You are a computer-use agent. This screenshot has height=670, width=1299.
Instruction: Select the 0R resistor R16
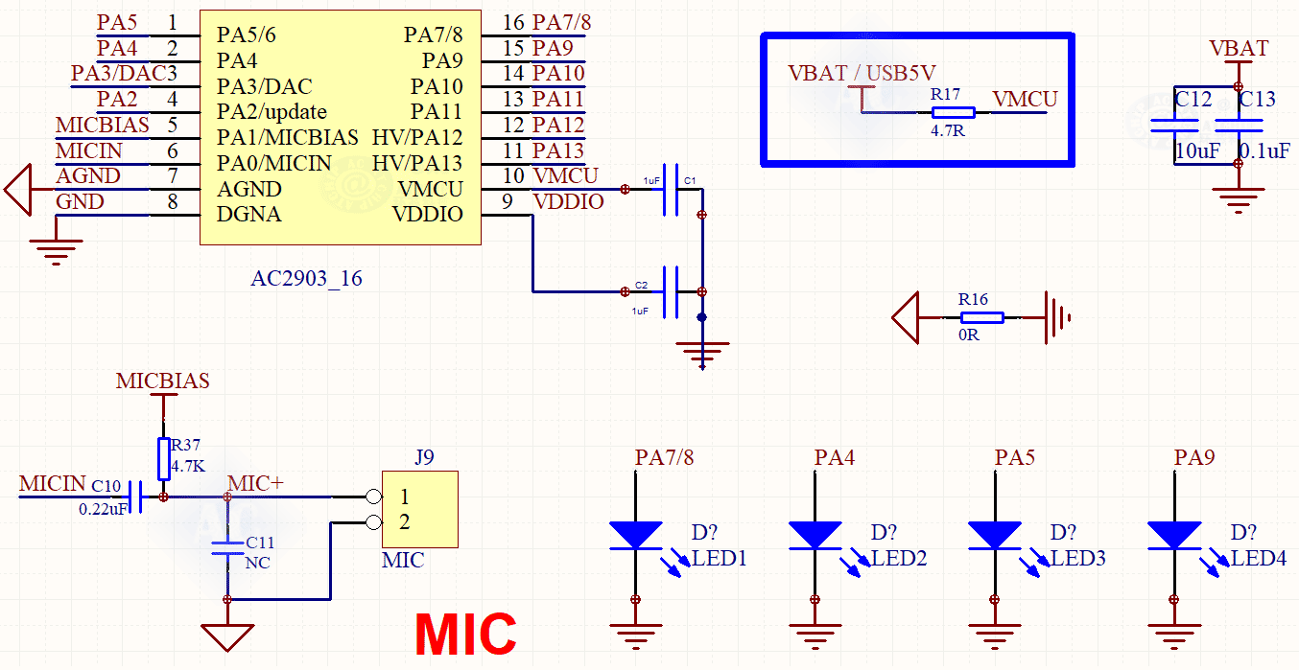coord(982,317)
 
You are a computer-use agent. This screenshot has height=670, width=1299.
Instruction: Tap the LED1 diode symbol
coord(635,535)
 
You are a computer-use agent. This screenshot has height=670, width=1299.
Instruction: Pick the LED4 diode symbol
coord(1173,535)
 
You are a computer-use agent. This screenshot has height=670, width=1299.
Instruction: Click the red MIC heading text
coord(465,634)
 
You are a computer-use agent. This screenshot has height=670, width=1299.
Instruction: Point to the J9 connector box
coord(419,509)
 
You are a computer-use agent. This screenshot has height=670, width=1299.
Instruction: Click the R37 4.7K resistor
coord(163,458)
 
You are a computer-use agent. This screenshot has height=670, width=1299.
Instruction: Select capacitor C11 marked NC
coord(227,548)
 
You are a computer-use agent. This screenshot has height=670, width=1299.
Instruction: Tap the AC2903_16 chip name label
coord(306,279)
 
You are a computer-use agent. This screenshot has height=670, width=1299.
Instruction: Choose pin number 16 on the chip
coord(513,22)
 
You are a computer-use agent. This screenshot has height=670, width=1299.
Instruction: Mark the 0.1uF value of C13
coord(1264,151)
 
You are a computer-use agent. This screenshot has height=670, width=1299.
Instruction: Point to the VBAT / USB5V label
coord(861,73)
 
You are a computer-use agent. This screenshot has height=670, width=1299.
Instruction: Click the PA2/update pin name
coord(272,111)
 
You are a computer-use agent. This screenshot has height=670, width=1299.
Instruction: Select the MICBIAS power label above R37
coord(162,381)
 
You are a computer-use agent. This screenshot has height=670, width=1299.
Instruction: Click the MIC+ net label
coord(255,483)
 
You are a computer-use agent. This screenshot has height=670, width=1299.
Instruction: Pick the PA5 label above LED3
coord(1014,457)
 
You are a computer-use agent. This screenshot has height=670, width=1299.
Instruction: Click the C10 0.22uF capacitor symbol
coord(137,497)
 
